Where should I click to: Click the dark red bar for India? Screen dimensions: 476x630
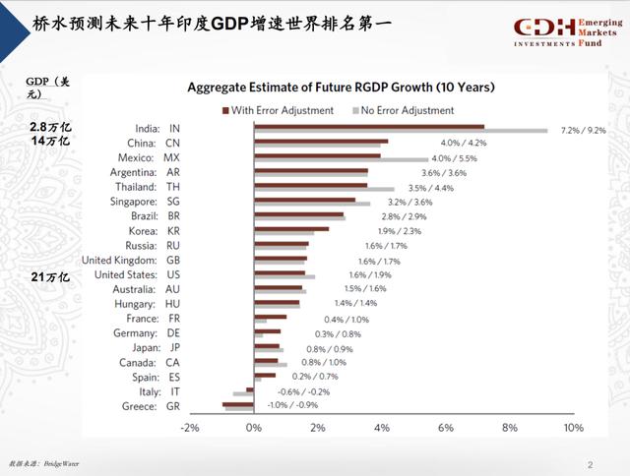[x=368, y=126]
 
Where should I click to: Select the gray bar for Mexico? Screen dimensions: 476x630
[x=341, y=159]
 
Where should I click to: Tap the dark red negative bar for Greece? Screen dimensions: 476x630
[x=237, y=403]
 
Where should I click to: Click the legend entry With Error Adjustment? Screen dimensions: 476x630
[x=279, y=110]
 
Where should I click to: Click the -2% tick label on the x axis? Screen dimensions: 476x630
[x=189, y=428]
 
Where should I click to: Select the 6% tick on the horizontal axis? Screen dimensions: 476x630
[x=445, y=428]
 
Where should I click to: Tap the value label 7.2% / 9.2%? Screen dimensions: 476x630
[x=584, y=130]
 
